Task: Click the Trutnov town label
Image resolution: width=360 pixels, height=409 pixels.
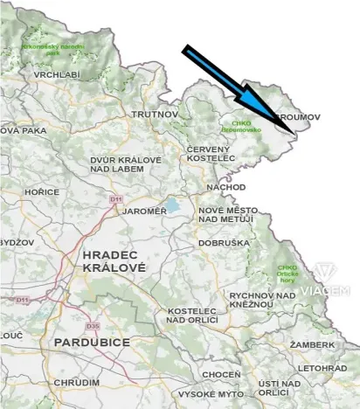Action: [x=155, y=114]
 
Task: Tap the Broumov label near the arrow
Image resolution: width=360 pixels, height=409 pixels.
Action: [x=298, y=116]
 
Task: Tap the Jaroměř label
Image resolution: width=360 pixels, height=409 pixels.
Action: [x=144, y=211]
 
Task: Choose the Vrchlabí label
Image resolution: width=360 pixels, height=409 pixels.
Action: [x=57, y=75]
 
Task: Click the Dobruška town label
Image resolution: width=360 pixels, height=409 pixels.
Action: [x=225, y=243]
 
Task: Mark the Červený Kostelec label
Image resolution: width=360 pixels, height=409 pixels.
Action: [x=211, y=154]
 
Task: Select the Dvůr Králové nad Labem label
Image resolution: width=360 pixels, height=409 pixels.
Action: [x=126, y=165]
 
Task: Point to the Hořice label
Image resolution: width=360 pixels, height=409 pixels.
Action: [x=42, y=192]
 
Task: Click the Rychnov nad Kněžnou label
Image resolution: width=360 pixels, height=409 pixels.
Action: [x=261, y=301]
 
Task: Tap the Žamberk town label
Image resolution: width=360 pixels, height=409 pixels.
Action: [x=312, y=345]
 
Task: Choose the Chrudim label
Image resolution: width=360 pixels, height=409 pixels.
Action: [x=76, y=383]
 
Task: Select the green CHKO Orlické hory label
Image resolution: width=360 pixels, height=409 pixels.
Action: [x=287, y=273]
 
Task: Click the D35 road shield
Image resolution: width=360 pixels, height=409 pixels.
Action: [x=94, y=326]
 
